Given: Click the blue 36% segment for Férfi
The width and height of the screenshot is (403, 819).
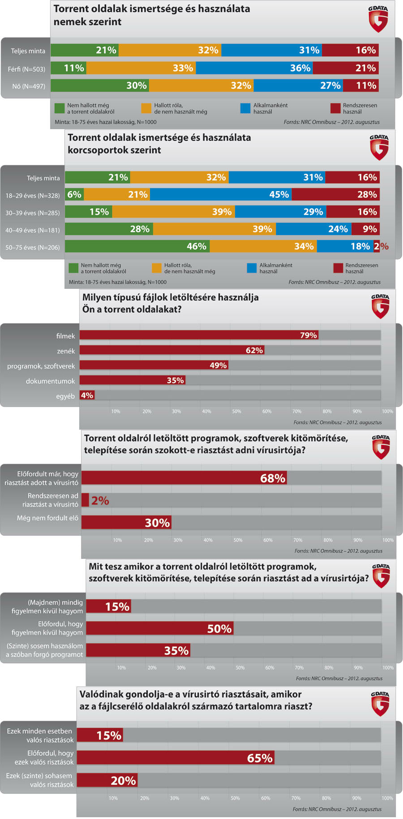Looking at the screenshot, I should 254,68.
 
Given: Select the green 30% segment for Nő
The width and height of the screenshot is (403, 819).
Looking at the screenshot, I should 100,86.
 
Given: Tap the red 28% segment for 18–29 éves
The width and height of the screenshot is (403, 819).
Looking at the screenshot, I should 335,195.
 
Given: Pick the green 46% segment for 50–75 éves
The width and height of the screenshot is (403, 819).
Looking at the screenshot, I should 137,246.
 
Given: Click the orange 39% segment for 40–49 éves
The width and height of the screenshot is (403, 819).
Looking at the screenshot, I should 214,229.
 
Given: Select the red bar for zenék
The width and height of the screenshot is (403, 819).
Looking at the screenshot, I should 172,350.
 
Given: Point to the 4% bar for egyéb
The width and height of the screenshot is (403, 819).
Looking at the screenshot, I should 87,395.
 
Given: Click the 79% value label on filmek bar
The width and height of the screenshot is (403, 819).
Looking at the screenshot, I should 308,335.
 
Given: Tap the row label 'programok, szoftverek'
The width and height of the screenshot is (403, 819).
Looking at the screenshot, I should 41,366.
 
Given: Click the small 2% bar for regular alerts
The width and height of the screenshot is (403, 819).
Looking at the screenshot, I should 85,500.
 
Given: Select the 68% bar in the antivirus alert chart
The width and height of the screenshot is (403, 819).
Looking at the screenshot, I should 184,478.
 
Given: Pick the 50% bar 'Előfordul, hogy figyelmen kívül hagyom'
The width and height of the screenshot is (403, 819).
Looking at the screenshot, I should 159,628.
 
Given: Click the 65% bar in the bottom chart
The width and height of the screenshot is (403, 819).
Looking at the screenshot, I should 176,758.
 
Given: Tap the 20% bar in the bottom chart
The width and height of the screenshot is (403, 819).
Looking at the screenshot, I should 107,780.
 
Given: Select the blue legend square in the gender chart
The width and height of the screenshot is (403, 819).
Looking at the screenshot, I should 245,108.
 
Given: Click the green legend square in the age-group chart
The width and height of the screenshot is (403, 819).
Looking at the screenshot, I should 73,268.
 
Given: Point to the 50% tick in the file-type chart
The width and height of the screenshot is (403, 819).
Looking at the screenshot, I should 236,411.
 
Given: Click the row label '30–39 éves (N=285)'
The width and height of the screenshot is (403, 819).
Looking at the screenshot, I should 33,213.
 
